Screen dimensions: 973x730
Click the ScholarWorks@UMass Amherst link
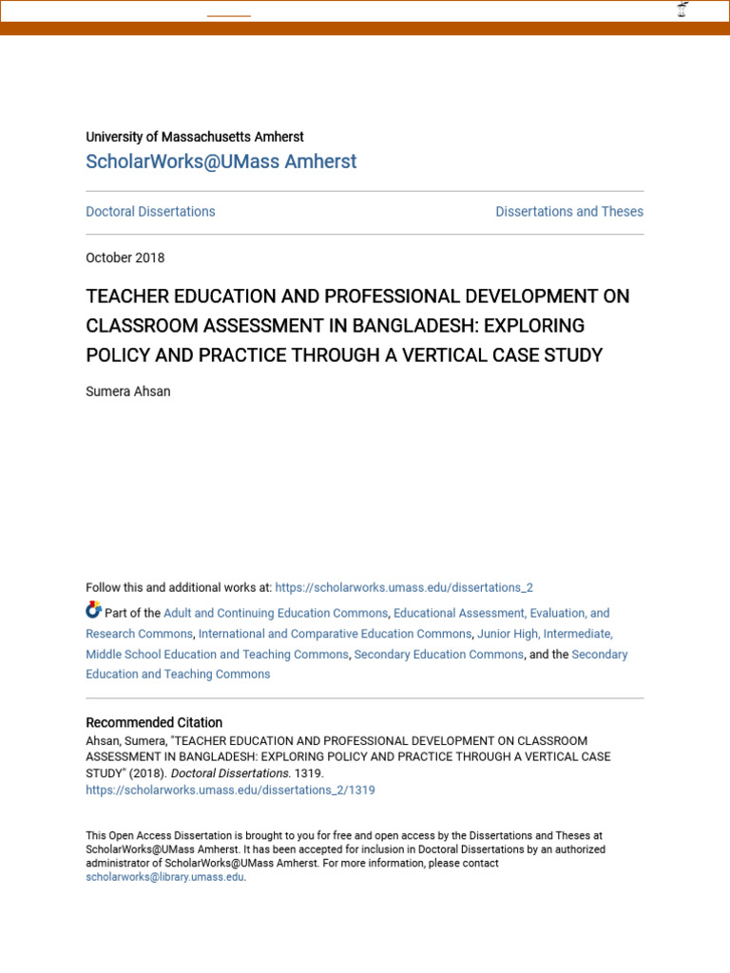click(221, 162)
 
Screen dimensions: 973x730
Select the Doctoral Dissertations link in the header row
click(150, 212)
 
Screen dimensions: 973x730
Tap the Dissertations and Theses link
click(569, 212)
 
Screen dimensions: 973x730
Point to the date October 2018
click(125, 258)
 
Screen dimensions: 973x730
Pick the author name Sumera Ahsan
click(128, 391)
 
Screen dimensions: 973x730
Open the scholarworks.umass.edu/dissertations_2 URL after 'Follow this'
click(404, 588)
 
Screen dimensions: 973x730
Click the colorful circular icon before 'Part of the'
click(93, 610)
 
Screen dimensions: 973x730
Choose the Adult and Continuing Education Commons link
click(276, 614)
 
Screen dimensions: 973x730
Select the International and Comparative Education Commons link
click(335, 634)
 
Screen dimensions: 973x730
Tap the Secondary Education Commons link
click(438, 655)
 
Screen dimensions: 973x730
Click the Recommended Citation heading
click(154, 723)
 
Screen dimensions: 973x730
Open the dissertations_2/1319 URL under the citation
click(230, 791)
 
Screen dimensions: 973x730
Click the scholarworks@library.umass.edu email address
click(164, 878)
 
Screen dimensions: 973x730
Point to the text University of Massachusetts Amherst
click(195, 138)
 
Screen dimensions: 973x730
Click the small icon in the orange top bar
click(682, 10)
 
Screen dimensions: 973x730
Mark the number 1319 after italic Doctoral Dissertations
click(308, 773)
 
